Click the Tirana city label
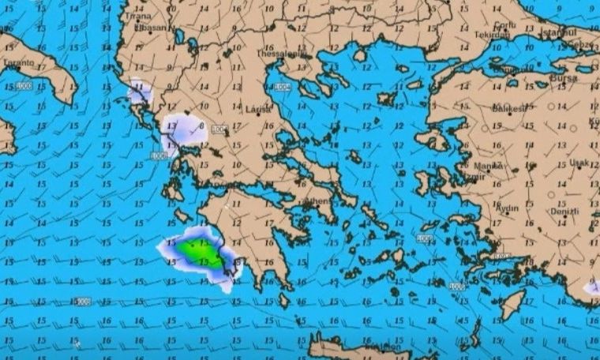(138, 16)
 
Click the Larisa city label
(258, 109)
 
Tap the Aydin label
(506, 208)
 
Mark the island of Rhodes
(512, 304)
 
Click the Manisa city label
(488, 166)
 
